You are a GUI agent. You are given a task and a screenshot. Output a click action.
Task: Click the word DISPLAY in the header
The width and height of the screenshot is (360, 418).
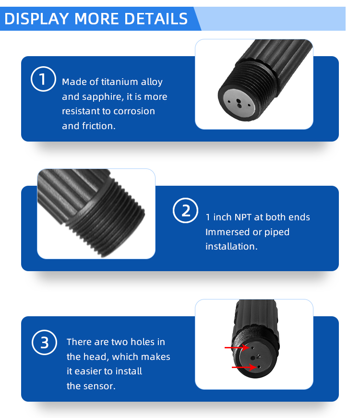coord(36,19)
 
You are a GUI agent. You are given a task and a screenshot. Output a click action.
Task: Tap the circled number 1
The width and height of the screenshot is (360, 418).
coord(42,80)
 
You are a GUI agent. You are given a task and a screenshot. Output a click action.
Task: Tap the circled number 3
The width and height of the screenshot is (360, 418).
coord(44,343)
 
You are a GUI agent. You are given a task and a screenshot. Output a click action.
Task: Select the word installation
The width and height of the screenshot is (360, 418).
coord(231,247)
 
